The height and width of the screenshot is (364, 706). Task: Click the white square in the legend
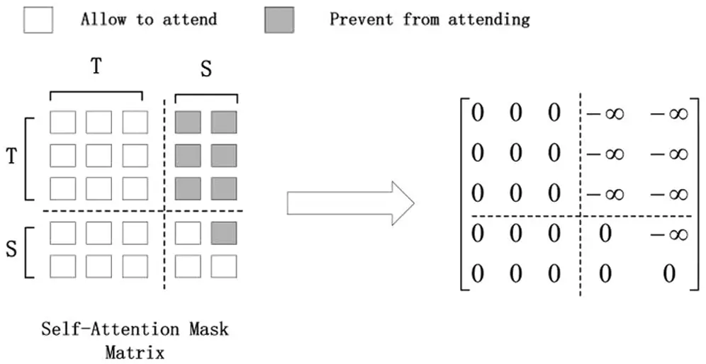(x=38, y=21)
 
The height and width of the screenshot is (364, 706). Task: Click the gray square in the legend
(x=279, y=21)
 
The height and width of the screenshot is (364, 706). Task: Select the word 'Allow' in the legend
(x=104, y=19)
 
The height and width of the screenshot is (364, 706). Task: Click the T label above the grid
(x=96, y=67)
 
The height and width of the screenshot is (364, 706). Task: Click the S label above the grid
(x=206, y=69)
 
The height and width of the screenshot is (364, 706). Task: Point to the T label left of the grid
(x=11, y=157)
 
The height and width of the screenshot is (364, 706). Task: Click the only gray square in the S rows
(x=223, y=233)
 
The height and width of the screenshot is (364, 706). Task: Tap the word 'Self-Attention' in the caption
(x=98, y=329)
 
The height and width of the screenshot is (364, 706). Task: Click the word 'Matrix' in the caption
(x=134, y=351)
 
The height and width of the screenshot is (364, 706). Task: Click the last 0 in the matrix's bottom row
(x=668, y=273)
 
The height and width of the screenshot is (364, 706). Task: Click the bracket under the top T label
(x=96, y=95)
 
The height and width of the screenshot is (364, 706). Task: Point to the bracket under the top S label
(x=206, y=97)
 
